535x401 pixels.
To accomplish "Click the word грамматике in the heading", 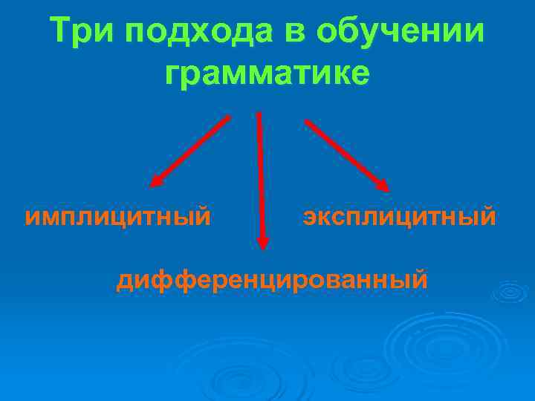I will (x=267, y=74).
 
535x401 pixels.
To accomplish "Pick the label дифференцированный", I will (x=272, y=280).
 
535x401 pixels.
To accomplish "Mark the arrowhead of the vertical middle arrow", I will (x=262, y=242).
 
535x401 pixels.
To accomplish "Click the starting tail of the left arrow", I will (x=228, y=117).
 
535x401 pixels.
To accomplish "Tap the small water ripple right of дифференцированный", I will (x=510, y=292).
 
